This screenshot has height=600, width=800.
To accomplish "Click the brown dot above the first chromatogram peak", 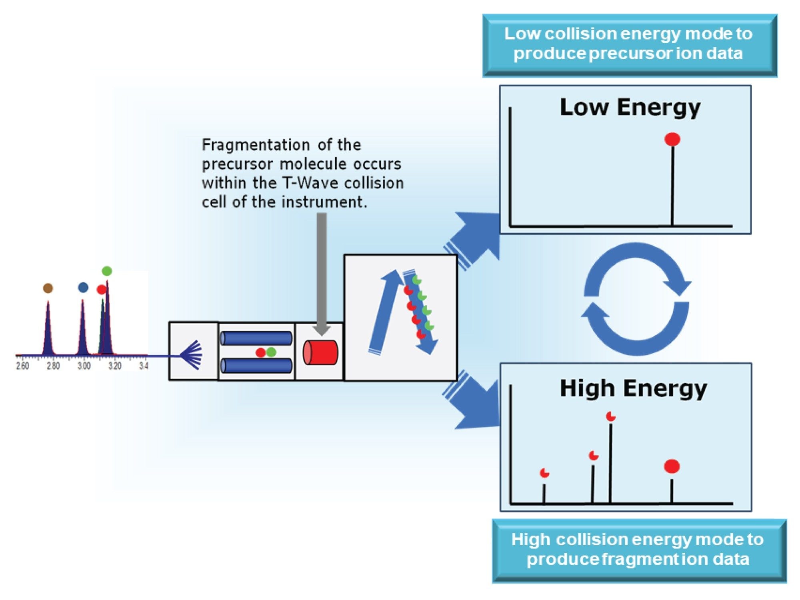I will click(x=48, y=288).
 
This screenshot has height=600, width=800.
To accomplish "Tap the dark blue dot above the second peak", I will click(x=83, y=287).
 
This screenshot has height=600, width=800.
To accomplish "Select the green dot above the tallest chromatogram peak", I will click(x=107, y=271).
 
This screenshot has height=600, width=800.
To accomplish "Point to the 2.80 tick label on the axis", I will click(x=53, y=366).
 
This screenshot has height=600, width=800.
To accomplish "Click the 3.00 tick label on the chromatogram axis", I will click(x=84, y=366).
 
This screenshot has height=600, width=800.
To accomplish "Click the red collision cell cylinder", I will click(x=320, y=352).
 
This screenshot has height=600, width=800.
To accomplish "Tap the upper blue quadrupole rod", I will click(x=256, y=338).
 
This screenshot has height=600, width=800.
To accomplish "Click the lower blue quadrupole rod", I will click(x=256, y=366).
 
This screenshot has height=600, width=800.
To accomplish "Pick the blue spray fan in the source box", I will click(x=192, y=355).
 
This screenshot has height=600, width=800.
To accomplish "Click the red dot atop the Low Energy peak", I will click(x=672, y=139).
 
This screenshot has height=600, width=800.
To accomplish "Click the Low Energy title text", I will click(x=630, y=107).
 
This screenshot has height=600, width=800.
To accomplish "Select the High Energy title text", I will click(x=633, y=388).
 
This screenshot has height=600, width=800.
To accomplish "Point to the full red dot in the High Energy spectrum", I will click(x=672, y=466).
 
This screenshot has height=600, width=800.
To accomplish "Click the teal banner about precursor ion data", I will click(x=630, y=44).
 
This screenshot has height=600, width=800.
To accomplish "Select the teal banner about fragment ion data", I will click(x=639, y=550).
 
